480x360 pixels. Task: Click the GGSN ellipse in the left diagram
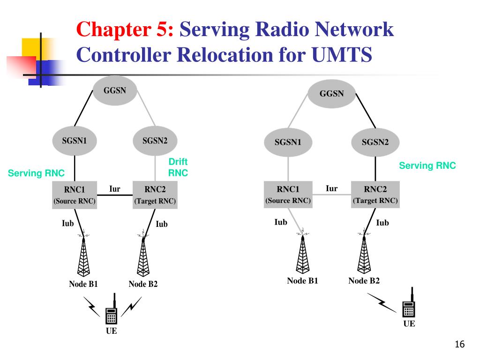coord(115,90)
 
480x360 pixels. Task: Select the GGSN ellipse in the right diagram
coord(331,94)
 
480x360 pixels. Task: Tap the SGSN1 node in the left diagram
coord(75,141)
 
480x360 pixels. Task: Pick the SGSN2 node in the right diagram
coord(375,142)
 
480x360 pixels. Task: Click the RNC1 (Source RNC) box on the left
coord(75,195)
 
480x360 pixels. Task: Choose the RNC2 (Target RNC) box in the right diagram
coord(375,195)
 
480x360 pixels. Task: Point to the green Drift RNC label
coord(178,167)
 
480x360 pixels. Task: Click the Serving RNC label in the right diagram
coord(427,165)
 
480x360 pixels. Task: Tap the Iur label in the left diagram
coord(115,189)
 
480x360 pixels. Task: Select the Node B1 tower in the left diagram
coord(83,255)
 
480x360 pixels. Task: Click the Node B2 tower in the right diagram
coord(364,252)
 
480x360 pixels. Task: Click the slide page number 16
coord(460,345)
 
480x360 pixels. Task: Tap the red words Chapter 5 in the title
coord(125,30)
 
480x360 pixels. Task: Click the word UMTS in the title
coord(342,55)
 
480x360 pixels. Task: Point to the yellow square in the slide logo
coord(34,49)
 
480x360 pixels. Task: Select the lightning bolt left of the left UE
coord(91,307)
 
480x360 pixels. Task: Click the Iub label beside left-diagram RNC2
coord(162,224)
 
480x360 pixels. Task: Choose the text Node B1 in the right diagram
coord(302,281)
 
